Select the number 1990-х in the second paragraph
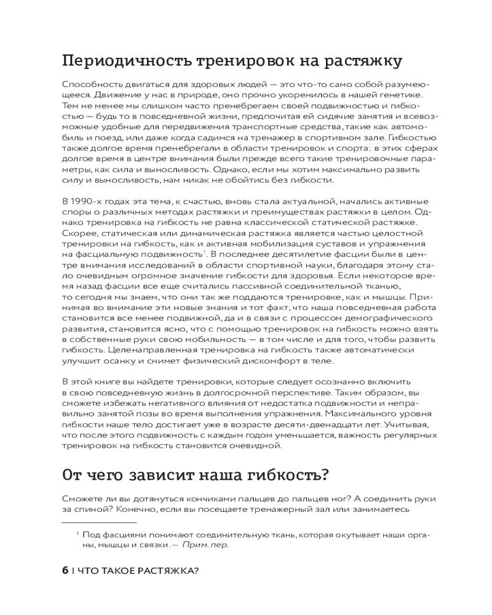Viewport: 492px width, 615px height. click(x=86, y=202)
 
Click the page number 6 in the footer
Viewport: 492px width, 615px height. click(x=65, y=570)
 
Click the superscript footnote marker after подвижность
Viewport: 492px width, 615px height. click(x=204, y=252)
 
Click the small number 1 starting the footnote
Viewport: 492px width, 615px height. click(x=77, y=533)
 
